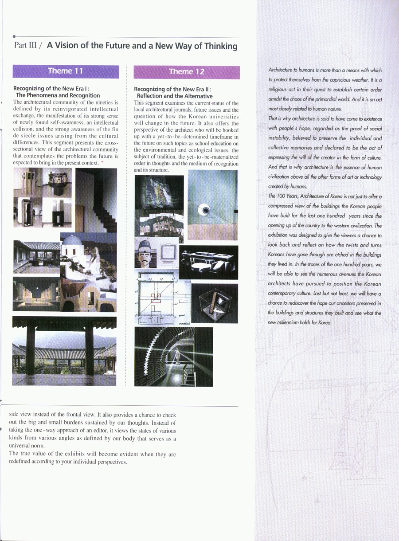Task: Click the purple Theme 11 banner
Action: pyautogui.click(x=66, y=71)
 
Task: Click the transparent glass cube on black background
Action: pyautogui.click(x=215, y=304)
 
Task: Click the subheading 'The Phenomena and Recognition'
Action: pyautogui.click(x=58, y=95)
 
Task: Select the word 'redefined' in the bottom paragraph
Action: pyautogui.click(x=21, y=462)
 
